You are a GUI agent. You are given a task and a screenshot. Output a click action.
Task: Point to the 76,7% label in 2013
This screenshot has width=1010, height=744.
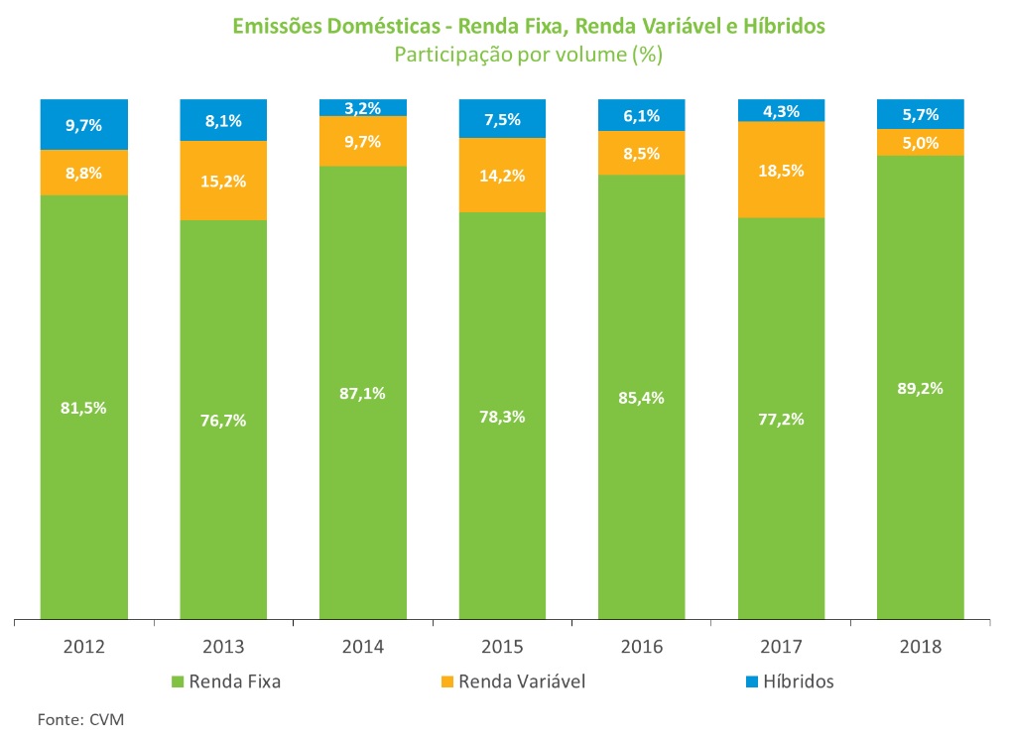[223, 420]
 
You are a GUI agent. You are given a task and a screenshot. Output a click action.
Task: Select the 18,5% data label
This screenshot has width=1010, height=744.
[781, 170]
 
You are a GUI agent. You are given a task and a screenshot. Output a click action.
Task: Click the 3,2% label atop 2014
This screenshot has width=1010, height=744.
[363, 108]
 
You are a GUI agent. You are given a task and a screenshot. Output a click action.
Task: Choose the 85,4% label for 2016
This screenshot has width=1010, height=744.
[641, 398]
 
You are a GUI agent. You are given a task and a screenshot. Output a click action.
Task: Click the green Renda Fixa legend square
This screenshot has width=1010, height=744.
[179, 682]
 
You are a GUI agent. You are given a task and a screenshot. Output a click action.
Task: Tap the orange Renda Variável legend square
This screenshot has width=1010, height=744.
[447, 682]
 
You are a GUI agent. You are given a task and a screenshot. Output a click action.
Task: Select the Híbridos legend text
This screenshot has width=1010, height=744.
[801, 682]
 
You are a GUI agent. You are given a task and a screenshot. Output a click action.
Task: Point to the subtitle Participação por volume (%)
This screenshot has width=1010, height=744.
[528, 55]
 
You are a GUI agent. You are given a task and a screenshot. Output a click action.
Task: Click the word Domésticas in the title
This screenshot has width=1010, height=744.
[382, 27]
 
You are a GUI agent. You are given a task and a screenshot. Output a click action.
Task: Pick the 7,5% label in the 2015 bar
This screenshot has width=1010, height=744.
[502, 120]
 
